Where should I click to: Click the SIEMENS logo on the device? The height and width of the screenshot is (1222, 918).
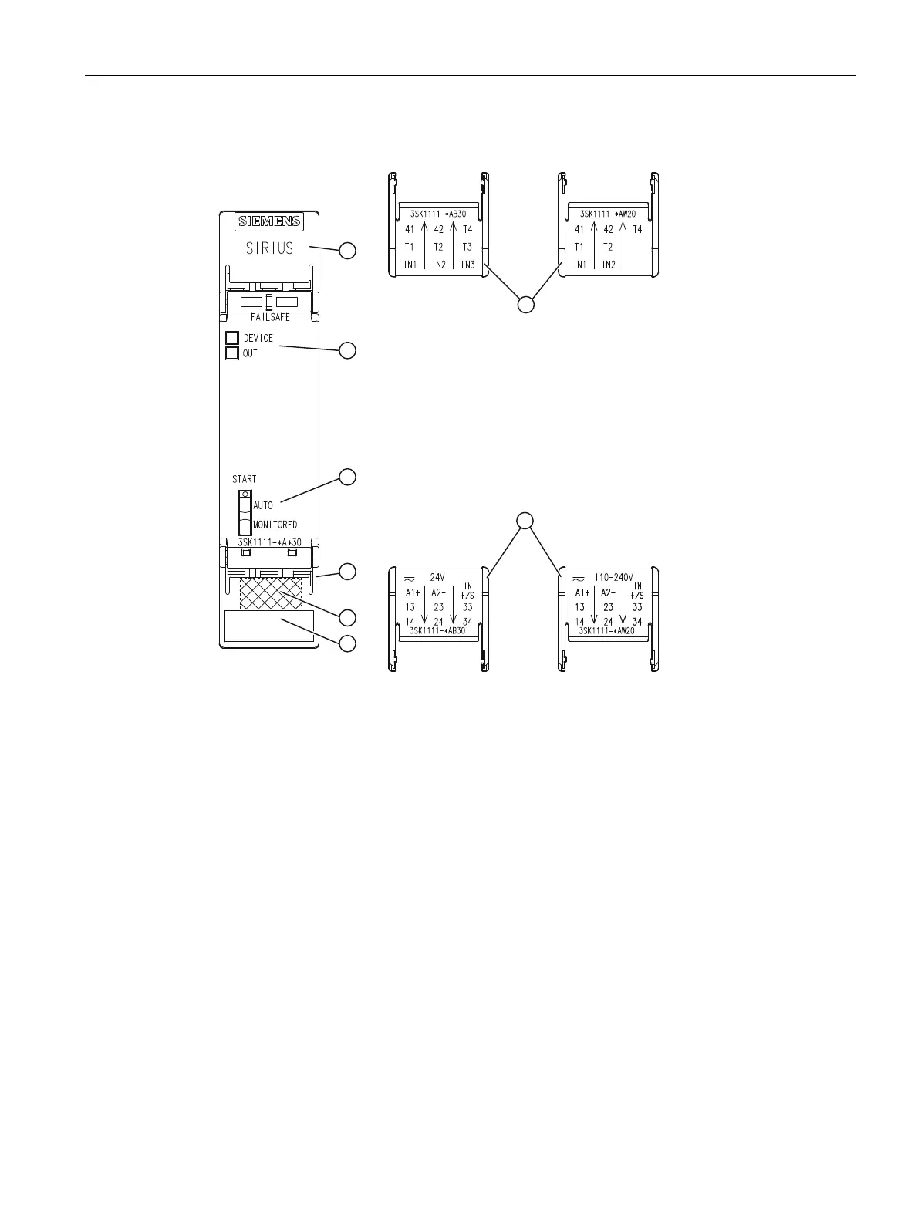269,222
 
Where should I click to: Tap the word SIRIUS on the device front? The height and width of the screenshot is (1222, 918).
269,248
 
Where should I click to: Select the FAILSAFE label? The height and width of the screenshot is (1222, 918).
270,318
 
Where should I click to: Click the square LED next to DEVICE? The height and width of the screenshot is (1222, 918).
231,338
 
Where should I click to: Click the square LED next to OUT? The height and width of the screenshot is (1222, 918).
231,353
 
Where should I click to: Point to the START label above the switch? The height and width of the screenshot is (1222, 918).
245,479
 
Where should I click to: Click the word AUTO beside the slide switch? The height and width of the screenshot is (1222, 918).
263,506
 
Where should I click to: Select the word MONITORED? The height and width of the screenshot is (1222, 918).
275,525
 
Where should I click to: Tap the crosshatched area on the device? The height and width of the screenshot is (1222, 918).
270,593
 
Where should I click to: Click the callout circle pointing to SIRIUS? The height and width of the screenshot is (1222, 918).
348,250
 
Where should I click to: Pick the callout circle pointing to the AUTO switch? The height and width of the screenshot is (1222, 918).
348,477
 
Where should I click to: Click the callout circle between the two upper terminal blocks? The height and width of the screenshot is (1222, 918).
525,304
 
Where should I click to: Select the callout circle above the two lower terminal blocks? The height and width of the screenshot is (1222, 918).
525,521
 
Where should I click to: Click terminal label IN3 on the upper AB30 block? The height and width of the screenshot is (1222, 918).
467,265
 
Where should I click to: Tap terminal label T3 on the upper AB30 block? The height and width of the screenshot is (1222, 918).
467,247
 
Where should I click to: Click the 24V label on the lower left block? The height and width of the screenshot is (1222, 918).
438,577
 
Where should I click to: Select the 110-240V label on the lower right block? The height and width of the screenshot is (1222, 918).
613,577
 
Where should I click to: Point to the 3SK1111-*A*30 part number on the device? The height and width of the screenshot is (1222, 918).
269,542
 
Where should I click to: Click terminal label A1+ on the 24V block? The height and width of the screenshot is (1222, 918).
413,593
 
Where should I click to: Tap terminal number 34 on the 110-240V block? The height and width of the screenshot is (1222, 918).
637,621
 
